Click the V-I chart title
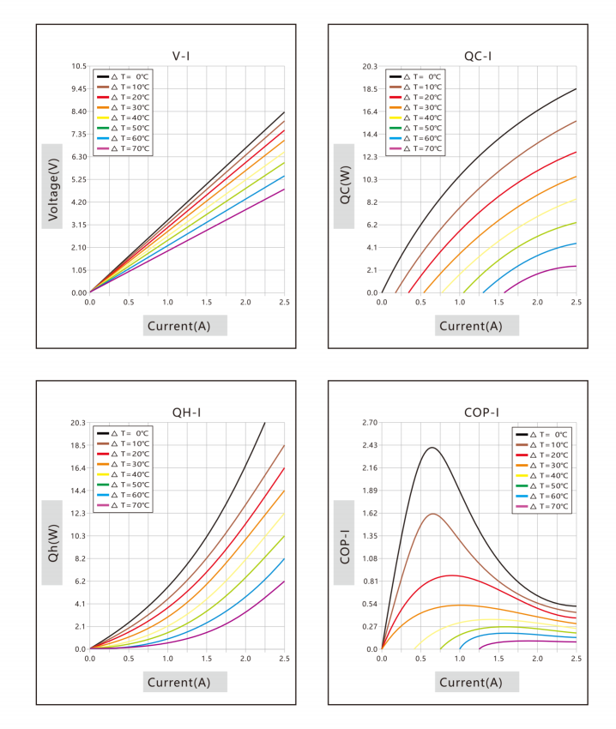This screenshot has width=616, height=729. point(181,57)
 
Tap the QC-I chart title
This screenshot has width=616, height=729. point(478,57)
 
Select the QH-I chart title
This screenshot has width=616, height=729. point(186,413)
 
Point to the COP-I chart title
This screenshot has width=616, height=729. point(481,413)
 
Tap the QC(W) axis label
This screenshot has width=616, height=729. point(345,185)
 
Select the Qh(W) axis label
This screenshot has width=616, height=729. point(52,543)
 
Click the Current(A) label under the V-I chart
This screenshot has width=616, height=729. point(179,326)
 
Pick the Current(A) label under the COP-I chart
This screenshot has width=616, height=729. point(471,682)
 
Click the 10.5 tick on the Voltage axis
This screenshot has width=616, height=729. point(79,66)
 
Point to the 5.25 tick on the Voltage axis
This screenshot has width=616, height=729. point(79,179)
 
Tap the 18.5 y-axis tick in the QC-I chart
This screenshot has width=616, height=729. point(371,89)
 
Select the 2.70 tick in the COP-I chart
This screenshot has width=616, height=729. point(371,423)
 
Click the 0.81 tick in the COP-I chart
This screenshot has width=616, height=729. point(371,581)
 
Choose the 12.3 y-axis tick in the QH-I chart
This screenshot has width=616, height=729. point(78,513)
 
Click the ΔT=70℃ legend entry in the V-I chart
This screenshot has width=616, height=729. point(124,148)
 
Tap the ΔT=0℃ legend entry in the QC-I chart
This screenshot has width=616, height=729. point(415,76)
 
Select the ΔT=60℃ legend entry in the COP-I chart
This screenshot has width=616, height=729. point(542,496)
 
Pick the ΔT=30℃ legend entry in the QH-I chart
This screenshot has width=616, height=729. point(124,464)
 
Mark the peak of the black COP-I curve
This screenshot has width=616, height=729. point(432,447)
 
